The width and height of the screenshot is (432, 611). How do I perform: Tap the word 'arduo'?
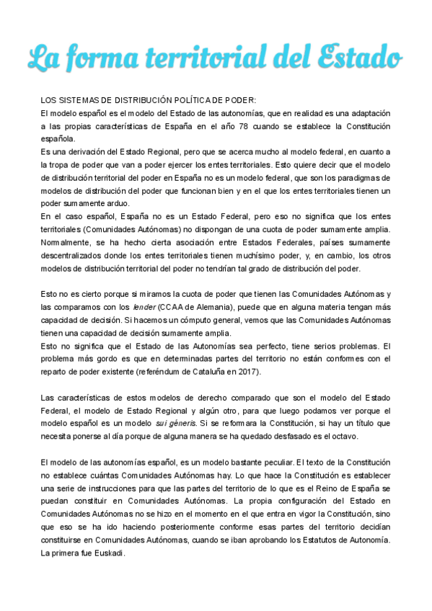115,203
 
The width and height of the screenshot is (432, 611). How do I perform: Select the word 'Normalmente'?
66,242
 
